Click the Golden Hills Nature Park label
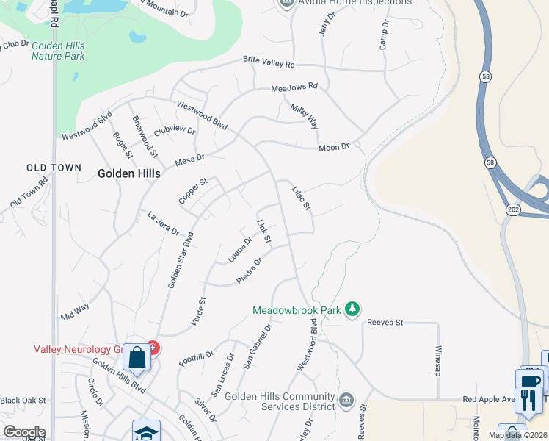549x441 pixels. coord(58,51)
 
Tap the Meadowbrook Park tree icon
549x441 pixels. coord(352,309)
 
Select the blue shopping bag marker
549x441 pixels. coord(137,358)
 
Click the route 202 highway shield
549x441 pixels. coord(512,210)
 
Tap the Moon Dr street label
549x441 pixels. coord(334,148)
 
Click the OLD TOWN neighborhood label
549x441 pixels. coord(54,168)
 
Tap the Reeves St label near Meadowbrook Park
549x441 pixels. coord(385,322)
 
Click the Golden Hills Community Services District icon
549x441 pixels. coord(346,401)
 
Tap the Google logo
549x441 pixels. coord(23,432)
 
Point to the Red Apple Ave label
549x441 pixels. coord(490,400)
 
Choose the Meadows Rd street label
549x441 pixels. coord(294,87)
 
